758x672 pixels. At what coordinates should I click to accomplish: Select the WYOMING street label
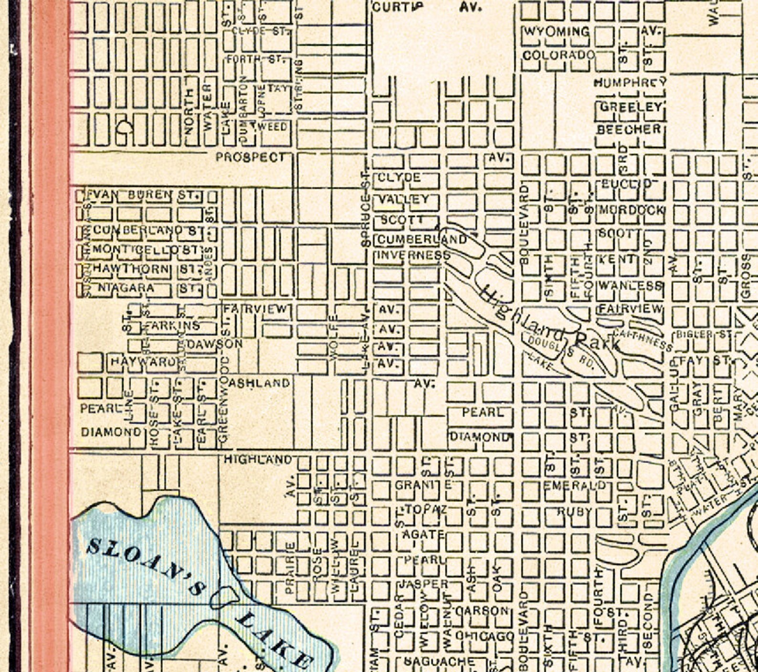tap(557, 32)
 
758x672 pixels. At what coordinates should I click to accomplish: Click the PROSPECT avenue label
tap(250, 157)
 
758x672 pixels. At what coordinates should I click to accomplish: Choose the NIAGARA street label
tap(126, 288)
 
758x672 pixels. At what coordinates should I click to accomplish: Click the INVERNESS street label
tap(413, 255)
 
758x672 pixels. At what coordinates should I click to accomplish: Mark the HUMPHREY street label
tap(630, 83)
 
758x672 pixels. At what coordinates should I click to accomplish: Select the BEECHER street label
tap(630, 129)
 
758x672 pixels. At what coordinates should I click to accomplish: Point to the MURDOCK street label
tap(632, 210)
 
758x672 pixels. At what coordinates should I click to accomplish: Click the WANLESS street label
tap(630, 286)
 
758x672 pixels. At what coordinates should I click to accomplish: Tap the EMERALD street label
tap(575, 485)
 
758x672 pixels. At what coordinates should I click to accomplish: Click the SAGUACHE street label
tap(439, 661)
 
